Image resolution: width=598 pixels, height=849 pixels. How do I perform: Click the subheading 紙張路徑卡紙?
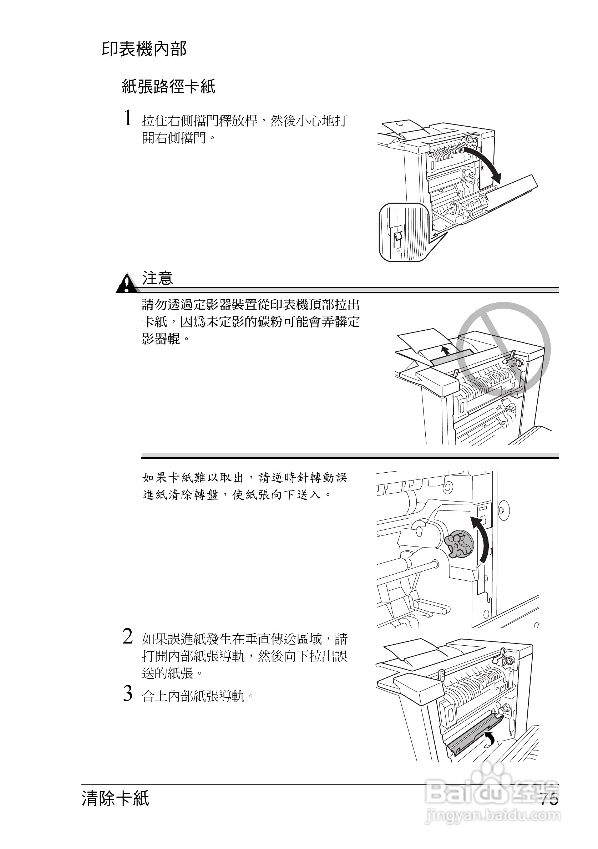[x=168, y=87]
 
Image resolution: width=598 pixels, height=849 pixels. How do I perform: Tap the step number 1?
[x=128, y=118]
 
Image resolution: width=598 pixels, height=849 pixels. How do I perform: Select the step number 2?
[x=128, y=637]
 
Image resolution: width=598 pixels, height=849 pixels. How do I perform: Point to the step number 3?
[x=128, y=694]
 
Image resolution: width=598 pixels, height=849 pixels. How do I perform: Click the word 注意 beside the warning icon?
[x=158, y=279]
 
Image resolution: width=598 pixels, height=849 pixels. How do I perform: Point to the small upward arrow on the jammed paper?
[x=446, y=350]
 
